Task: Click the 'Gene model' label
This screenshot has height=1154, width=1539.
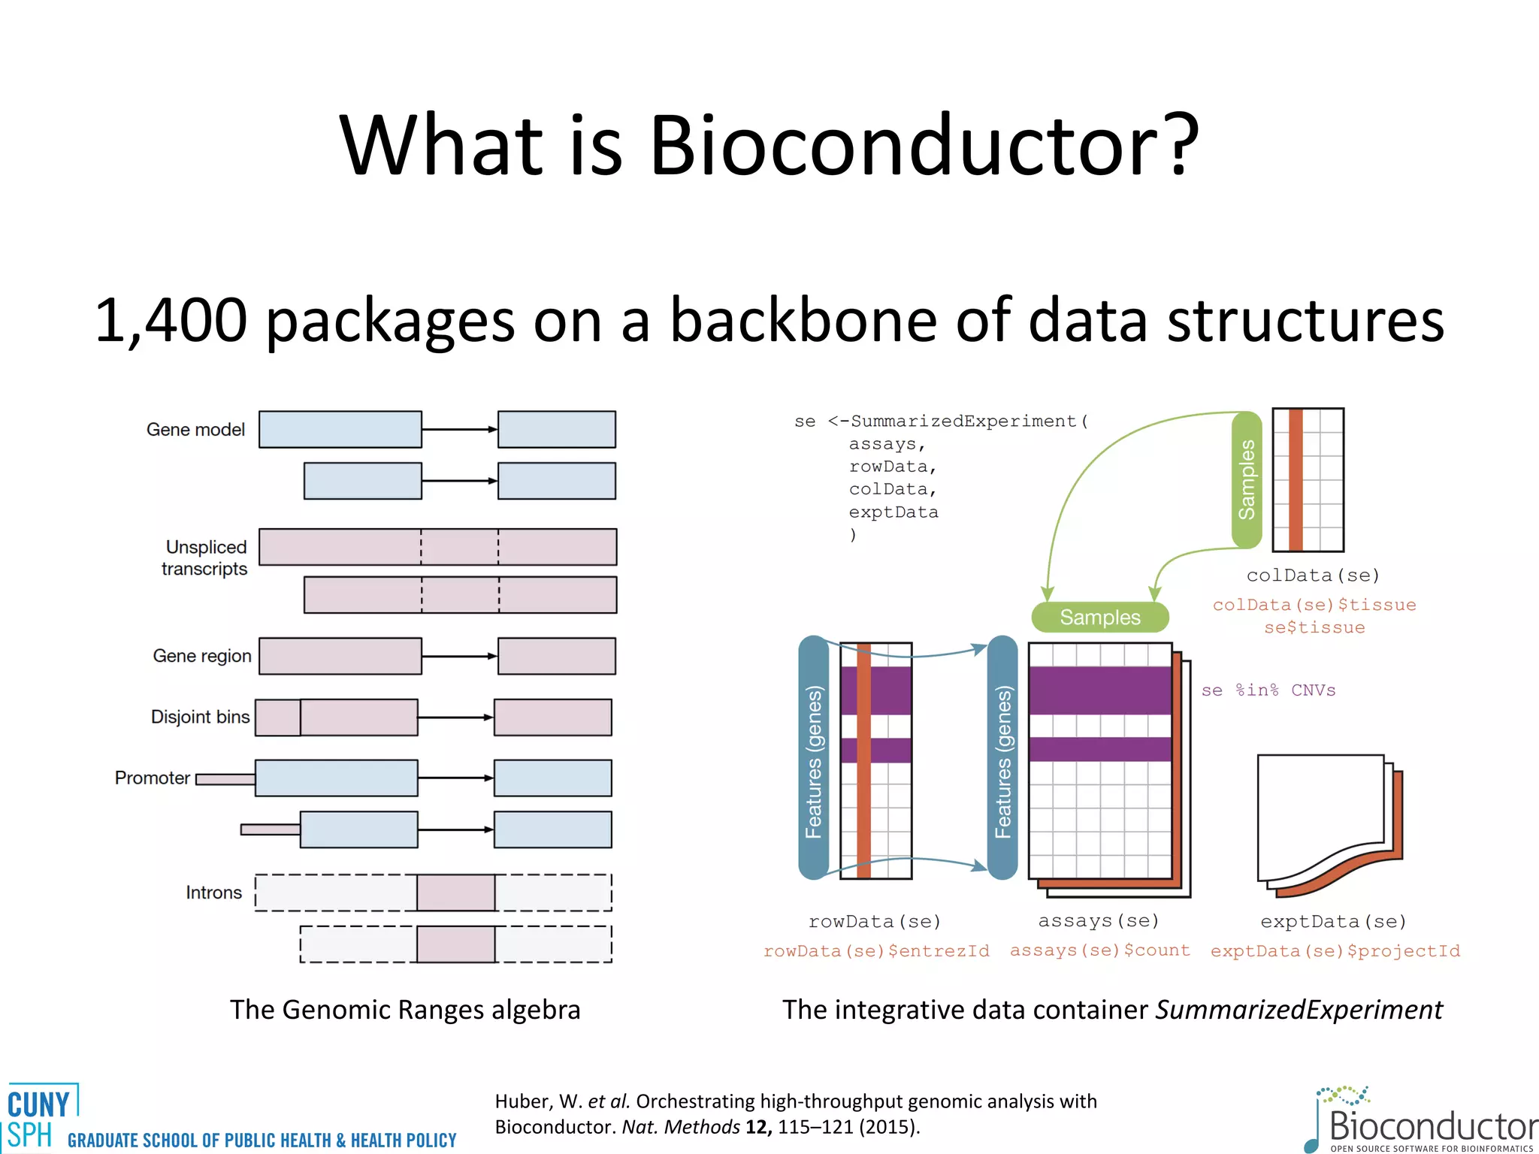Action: [195, 430]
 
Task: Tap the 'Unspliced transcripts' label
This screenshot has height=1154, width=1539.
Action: [205, 557]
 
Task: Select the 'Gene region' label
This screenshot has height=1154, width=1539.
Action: [201, 656]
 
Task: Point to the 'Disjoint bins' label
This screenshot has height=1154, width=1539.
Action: [200, 717]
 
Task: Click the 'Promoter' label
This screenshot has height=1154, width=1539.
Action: [152, 778]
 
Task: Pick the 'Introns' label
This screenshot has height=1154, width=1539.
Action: [213, 893]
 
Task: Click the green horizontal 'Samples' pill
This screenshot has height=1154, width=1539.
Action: [1099, 618]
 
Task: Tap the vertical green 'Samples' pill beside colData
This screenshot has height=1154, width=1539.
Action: [1247, 479]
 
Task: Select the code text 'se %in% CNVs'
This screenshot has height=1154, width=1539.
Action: [1268, 690]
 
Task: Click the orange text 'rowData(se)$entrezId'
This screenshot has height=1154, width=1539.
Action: [876, 951]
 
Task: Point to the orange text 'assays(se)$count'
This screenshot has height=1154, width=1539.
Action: [1099, 950]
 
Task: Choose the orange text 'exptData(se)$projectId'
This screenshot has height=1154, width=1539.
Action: [1335, 951]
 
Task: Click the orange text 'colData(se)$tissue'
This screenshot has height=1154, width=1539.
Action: [1314, 605]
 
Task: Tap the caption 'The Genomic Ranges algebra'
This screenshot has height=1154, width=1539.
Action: [405, 1010]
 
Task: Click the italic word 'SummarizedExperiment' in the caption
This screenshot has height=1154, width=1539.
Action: [1299, 1010]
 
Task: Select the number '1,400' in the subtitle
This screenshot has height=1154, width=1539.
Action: [171, 320]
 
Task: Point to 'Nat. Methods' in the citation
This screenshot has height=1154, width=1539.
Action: [680, 1127]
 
